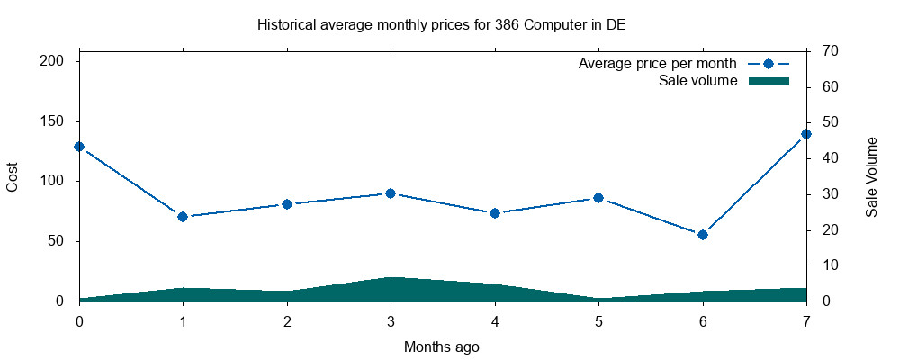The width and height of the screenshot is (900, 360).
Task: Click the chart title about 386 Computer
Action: [441, 24]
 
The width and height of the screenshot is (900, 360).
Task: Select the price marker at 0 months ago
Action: [79, 146]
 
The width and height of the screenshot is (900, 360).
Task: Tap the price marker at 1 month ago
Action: [183, 217]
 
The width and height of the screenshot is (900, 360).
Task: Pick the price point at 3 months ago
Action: [391, 193]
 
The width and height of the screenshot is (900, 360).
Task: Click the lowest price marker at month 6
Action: [703, 235]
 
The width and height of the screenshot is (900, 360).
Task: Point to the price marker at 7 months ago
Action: [806, 134]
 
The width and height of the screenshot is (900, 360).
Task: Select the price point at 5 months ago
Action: [598, 198]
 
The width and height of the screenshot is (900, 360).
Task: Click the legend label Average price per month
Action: [658, 64]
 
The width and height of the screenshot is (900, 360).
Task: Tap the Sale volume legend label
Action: [698, 81]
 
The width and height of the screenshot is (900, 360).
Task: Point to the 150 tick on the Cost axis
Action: [58, 121]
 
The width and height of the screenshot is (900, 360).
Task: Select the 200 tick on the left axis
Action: [58, 61]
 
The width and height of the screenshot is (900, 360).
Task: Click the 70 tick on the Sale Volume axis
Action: [832, 51]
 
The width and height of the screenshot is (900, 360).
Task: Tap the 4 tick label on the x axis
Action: [495, 321]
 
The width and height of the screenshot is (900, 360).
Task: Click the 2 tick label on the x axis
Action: [287, 321]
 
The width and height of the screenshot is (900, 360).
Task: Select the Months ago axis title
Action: [441, 346]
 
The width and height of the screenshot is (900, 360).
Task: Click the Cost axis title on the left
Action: [13, 176]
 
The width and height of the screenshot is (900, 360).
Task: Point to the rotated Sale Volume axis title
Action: [872, 176]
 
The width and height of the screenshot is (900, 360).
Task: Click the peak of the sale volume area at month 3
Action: [391, 278]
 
